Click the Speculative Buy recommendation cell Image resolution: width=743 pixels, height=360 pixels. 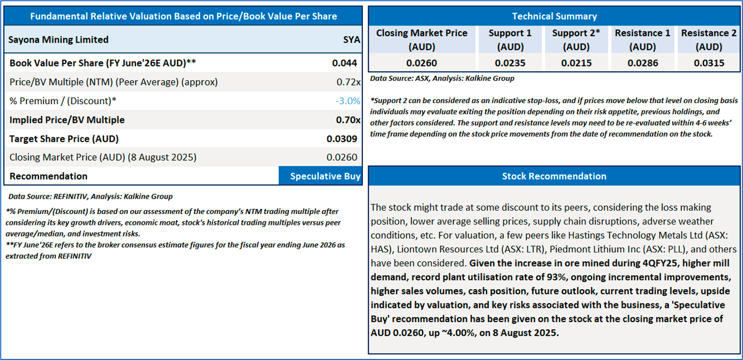coord(321,176)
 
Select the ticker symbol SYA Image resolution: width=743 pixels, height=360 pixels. coord(351,40)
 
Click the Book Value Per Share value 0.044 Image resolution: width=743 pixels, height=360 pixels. coord(345,63)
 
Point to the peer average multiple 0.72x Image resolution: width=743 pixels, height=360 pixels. coord(348,82)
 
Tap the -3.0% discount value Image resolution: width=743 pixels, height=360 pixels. coord(348,101)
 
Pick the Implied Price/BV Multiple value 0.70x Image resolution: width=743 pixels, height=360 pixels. coord(348,120)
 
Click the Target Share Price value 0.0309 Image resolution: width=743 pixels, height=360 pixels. coord(342,138)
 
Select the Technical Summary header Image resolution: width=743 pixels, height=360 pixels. coord(554,16)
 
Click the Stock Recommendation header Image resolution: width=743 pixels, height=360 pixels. coord(554,176)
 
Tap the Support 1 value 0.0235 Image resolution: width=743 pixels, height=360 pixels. coord(510,63)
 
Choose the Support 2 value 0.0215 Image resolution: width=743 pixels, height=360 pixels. coord(576,63)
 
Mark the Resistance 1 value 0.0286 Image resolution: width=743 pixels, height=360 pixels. coord(643,63)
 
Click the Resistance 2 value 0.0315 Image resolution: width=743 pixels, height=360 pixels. coord(709,63)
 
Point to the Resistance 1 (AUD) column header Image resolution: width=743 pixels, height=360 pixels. coord(643,40)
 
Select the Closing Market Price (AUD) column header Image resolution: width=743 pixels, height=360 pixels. coord(421,40)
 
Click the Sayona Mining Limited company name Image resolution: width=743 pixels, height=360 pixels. coord(59,40)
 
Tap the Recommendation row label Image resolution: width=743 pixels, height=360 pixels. coord(48,176)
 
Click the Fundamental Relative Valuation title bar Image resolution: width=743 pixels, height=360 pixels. coord(183,16)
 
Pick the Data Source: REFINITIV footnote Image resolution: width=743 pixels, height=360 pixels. coord(91,196)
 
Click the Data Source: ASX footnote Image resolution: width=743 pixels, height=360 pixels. coord(442,78)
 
